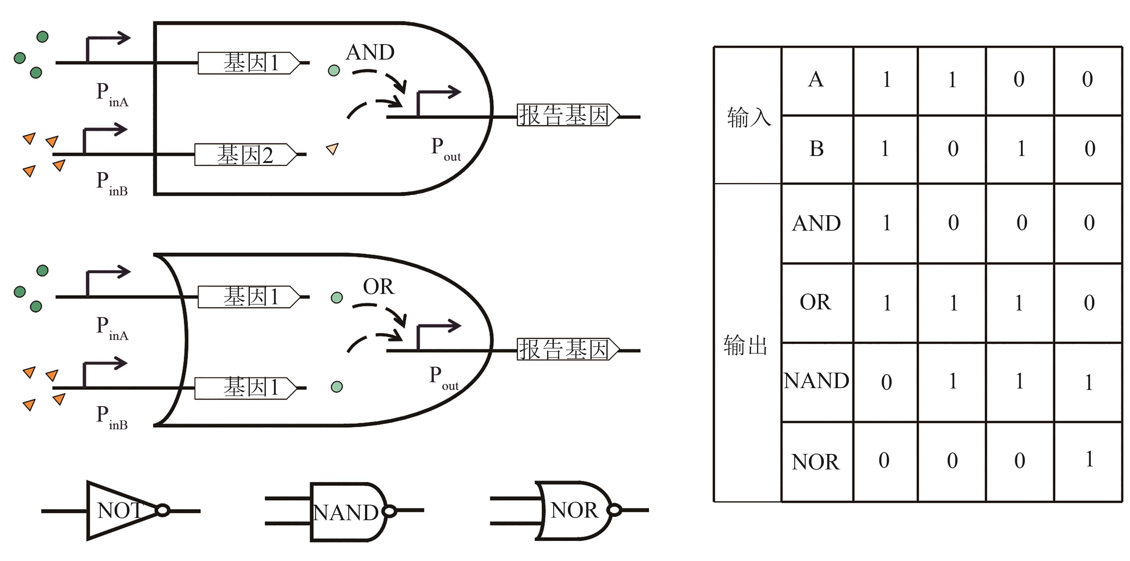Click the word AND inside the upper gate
370,52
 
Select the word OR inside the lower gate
378,287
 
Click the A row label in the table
816,80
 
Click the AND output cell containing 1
886,223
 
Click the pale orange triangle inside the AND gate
333,149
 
